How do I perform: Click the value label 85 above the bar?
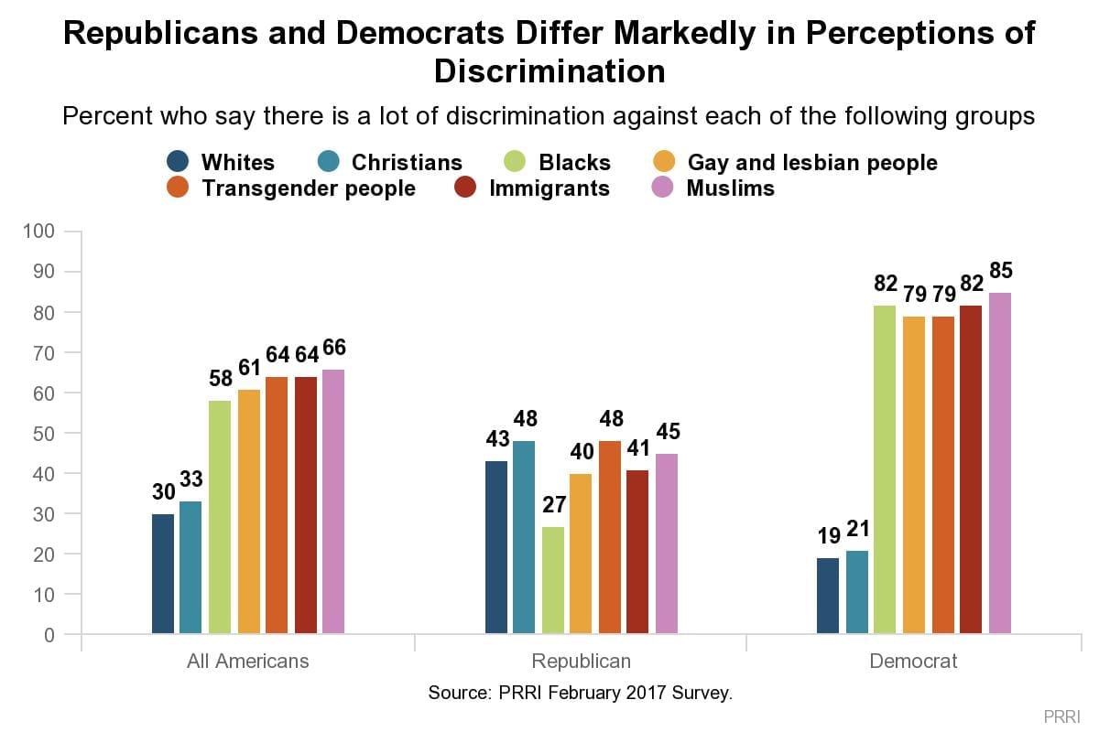pyautogui.click(x=1001, y=272)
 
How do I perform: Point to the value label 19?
pyautogui.click(x=828, y=534)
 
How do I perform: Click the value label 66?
pyautogui.click(x=334, y=349)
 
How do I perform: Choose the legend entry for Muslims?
pyautogui.click(x=730, y=188)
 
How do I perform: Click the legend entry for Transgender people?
pyautogui.click(x=308, y=188)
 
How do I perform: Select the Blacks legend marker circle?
pyautogui.click(x=517, y=163)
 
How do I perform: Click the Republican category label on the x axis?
pyautogui.click(x=581, y=661)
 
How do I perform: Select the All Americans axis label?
pyautogui.click(x=248, y=661)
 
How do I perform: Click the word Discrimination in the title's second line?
pyautogui.click(x=549, y=70)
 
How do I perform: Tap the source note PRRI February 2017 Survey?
pyautogui.click(x=581, y=693)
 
